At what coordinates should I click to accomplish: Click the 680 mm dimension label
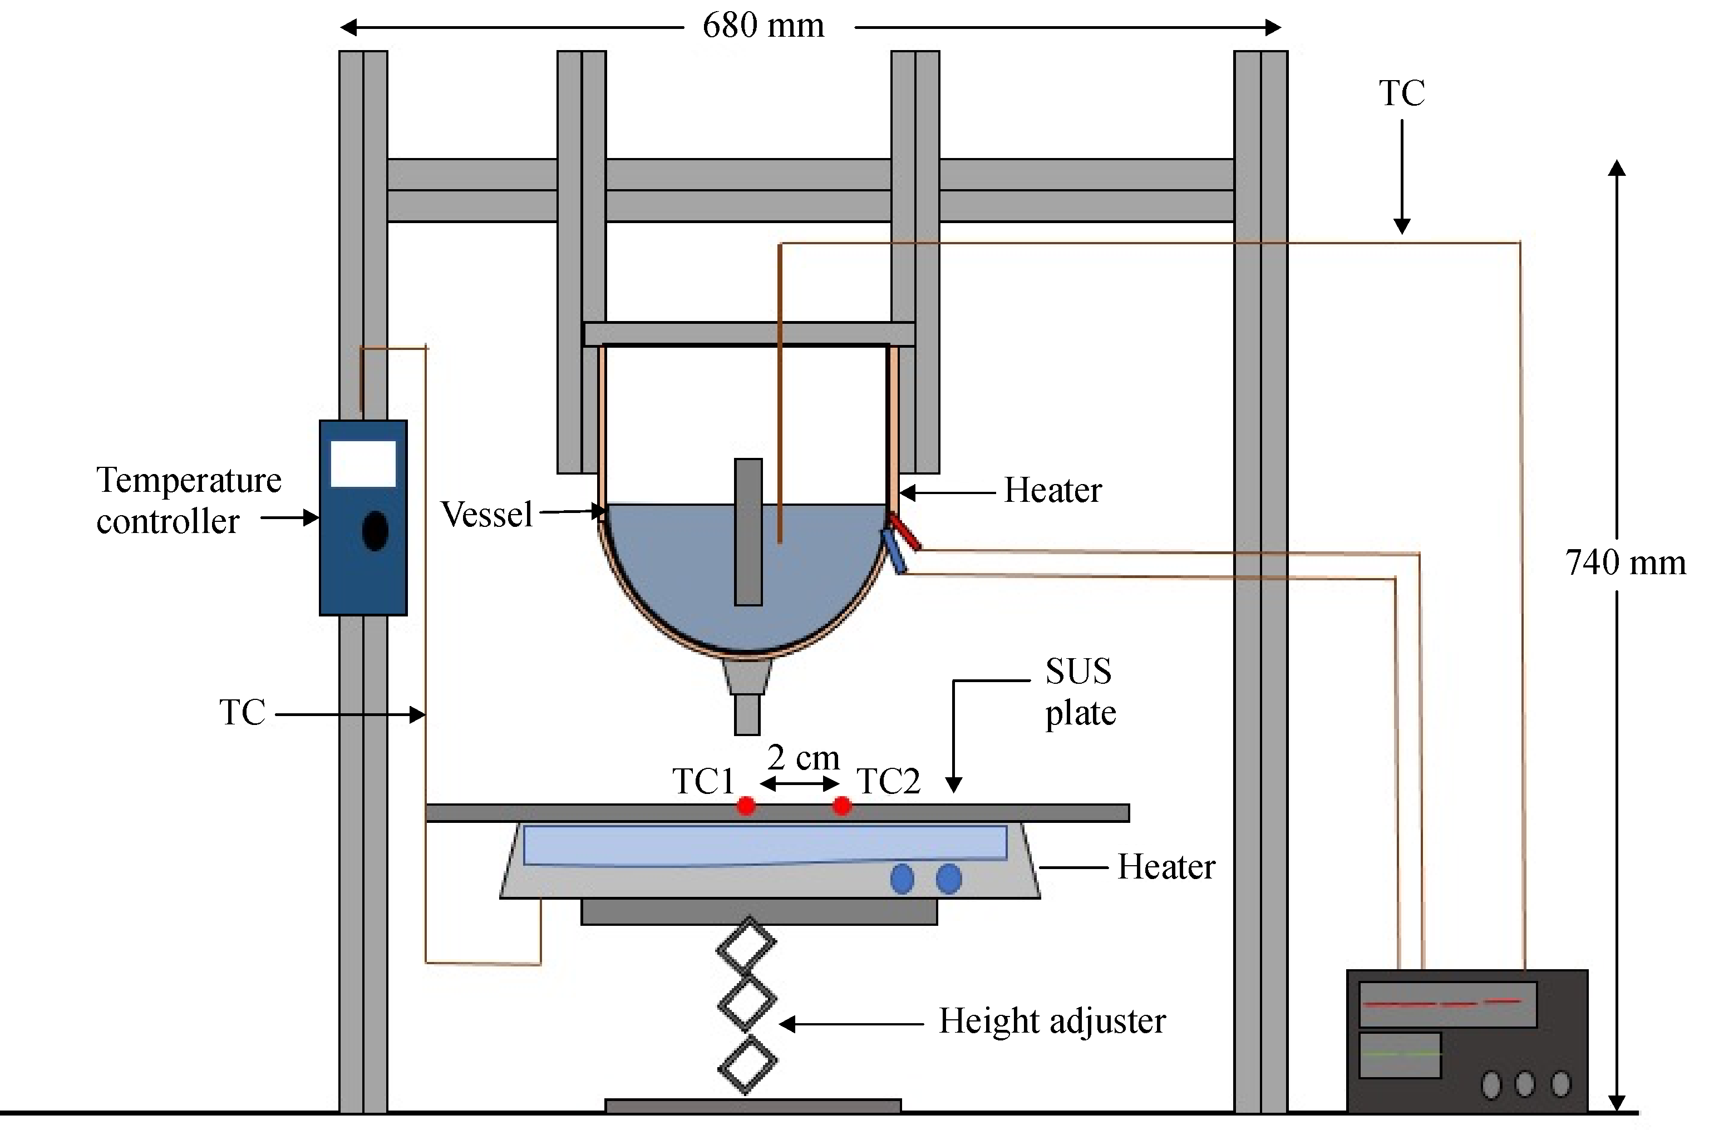click(764, 27)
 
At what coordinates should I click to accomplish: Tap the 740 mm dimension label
click(1626, 563)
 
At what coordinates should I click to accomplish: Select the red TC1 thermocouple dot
click(746, 805)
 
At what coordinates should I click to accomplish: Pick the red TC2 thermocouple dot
click(841, 805)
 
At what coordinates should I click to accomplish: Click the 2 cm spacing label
click(803, 757)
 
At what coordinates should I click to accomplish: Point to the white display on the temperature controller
click(363, 463)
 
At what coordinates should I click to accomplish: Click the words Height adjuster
click(1052, 1021)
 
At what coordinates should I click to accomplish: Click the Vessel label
click(486, 514)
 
